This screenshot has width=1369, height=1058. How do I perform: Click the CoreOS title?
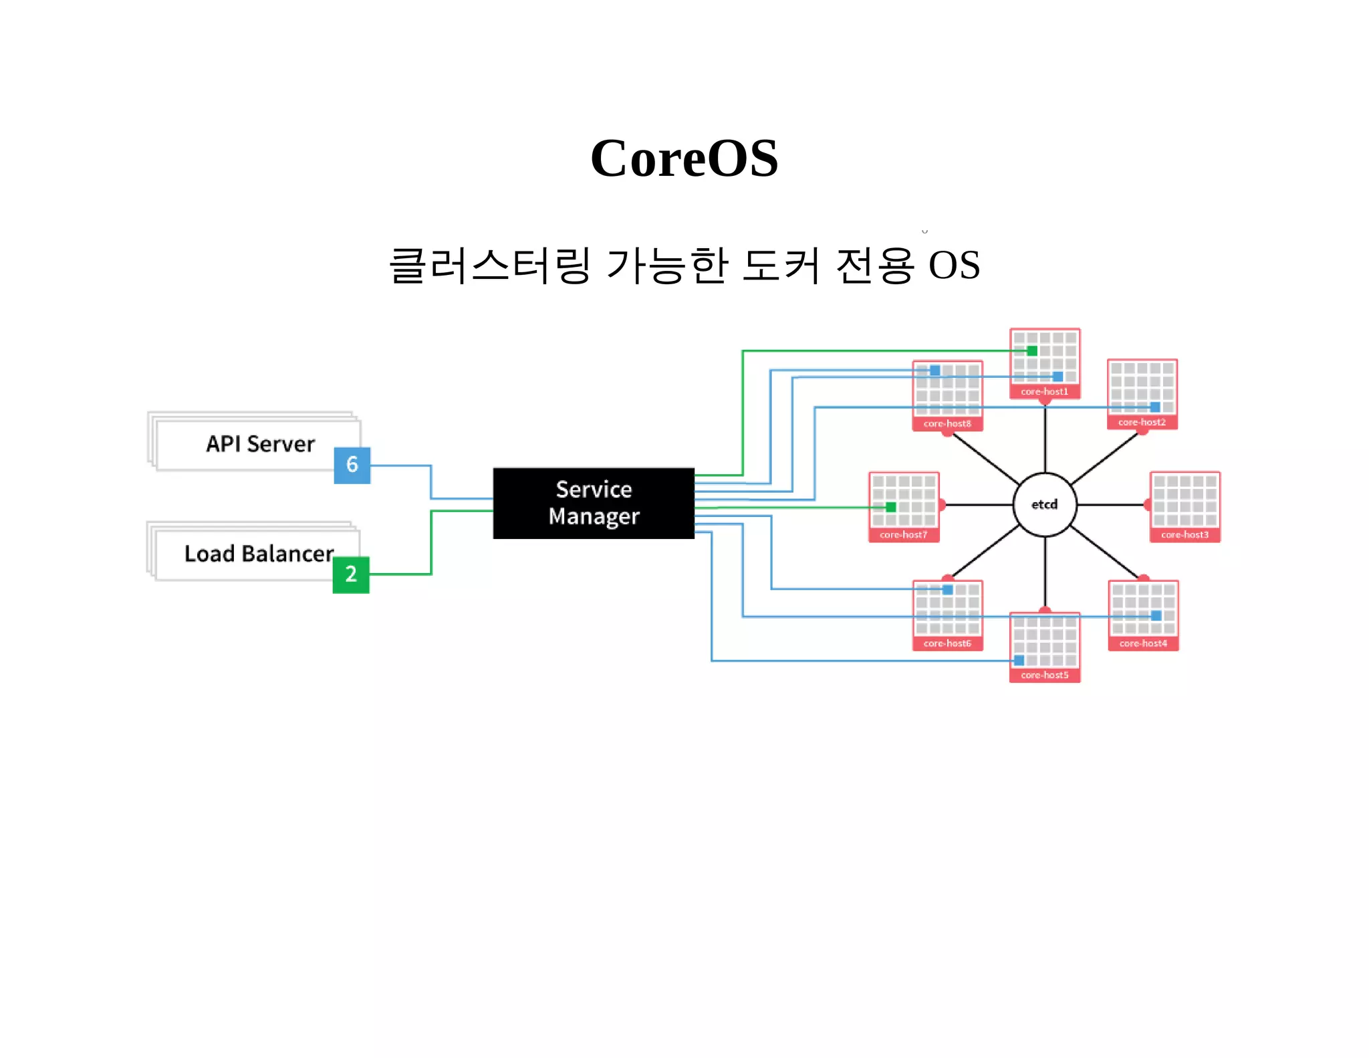pos(684,158)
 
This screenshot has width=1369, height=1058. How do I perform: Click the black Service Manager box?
pos(594,503)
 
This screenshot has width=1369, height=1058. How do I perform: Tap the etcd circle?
pos(1044,504)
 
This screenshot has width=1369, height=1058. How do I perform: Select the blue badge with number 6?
pos(352,465)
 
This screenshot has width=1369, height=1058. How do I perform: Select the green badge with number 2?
pos(351,574)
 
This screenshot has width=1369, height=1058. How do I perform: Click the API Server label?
pos(260,444)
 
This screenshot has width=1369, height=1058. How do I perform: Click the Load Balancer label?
pos(259,554)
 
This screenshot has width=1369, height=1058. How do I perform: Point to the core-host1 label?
pos(1044,392)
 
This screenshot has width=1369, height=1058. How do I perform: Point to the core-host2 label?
pos(1142,423)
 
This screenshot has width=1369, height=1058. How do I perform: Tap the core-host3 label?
pos(1185,535)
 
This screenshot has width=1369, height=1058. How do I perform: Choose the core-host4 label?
pos(1143,644)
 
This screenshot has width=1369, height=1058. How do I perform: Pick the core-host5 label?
pos(1044,675)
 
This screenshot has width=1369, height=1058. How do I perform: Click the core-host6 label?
pos(947,644)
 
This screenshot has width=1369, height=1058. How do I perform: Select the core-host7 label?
pos(903,535)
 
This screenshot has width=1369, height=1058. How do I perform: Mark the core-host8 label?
pos(947,424)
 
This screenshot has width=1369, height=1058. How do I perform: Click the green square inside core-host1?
pos(1032,351)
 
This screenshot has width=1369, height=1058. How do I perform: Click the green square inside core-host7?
pos(890,507)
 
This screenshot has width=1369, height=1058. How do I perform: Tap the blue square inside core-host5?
pos(1019,661)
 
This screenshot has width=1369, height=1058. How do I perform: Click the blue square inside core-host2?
pos(1155,407)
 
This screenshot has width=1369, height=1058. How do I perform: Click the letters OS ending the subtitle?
pos(954,266)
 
